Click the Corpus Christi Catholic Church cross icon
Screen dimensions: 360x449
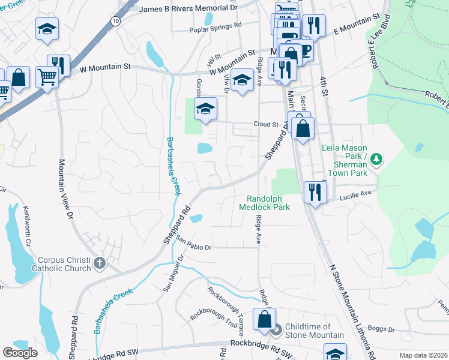click(100, 262)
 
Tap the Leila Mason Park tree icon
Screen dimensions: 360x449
click(376, 159)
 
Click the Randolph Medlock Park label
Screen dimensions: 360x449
click(264, 203)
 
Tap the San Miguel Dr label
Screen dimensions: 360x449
click(173, 272)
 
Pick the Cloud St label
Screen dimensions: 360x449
click(266, 125)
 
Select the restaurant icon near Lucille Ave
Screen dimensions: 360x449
click(315, 193)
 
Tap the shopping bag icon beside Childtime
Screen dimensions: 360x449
click(264, 320)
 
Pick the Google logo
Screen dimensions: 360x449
click(20, 353)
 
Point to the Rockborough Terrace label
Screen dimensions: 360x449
click(226, 311)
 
